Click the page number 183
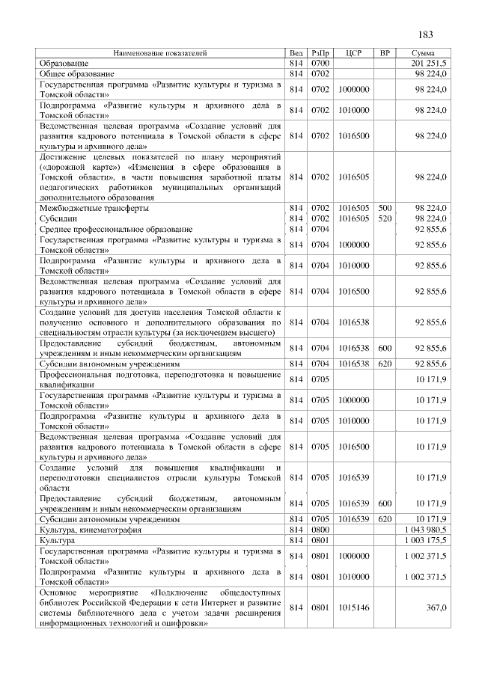(x=426, y=35)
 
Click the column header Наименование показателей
(x=159, y=54)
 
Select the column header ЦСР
(x=354, y=54)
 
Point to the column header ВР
(x=385, y=54)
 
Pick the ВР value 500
(x=385, y=207)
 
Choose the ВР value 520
(x=385, y=218)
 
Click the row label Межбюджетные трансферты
(x=94, y=207)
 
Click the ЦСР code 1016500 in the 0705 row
(x=354, y=447)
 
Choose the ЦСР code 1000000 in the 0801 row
(x=354, y=556)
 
